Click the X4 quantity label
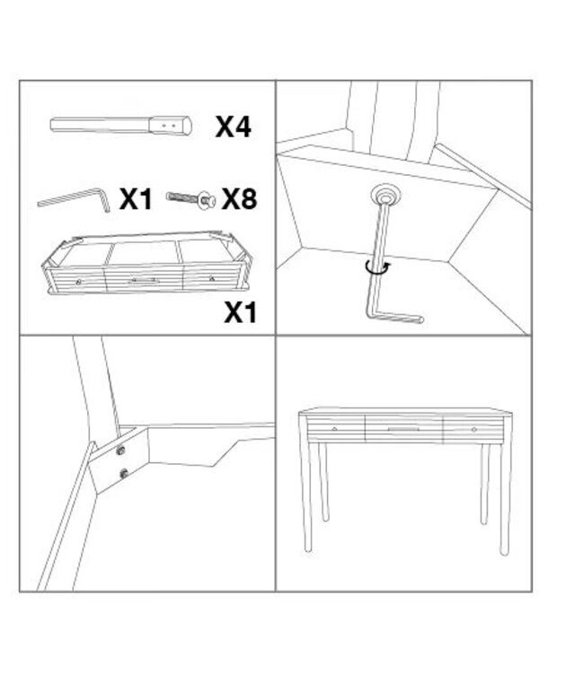click(233, 127)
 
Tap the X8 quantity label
click(239, 198)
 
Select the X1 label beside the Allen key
click(136, 199)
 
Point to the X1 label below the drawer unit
click(240, 312)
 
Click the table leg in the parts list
click(121, 125)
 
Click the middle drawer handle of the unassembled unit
click(144, 281)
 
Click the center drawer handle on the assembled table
click(403, 431)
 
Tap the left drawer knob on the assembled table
click(335, 430)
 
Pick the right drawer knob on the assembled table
click(473, 430)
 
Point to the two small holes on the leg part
click(168, 126)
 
